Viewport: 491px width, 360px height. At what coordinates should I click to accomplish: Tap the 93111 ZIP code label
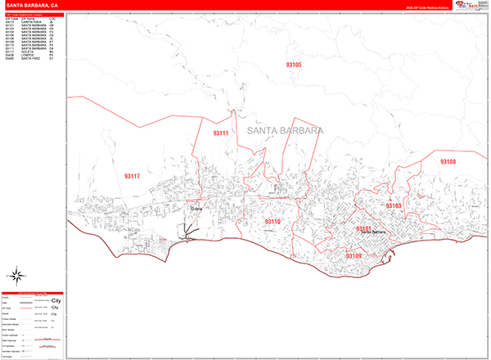221,133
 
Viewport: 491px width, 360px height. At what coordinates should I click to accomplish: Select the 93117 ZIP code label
132,176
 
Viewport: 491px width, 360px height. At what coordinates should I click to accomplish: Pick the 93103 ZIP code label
394,205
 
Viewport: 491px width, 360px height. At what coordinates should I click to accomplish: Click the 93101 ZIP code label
364,228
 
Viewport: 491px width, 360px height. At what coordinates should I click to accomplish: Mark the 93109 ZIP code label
354,256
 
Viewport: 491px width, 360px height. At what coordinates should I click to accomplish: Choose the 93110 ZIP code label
273,222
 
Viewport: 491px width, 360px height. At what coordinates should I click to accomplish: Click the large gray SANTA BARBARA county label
284,130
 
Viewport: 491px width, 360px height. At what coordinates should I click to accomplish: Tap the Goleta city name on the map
196,209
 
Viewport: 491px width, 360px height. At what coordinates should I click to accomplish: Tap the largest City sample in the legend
56,299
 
